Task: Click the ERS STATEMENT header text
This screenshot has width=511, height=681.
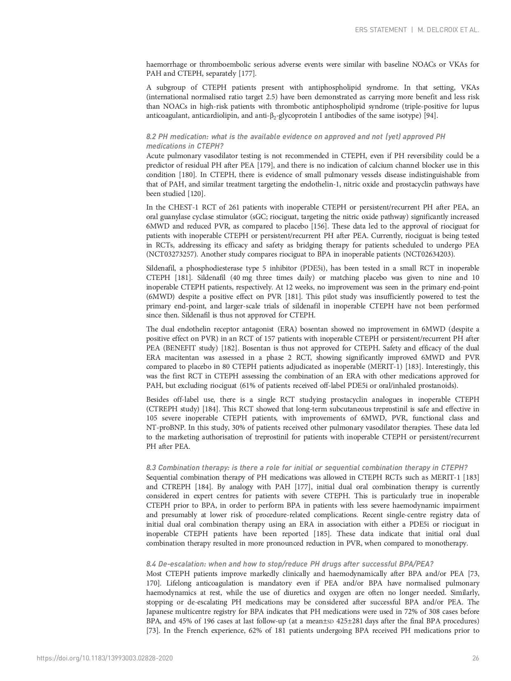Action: [x=380, y=30]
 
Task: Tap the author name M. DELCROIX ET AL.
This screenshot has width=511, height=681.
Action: [x=448, y=30]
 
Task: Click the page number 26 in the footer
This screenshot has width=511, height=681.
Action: [x=476, y=658]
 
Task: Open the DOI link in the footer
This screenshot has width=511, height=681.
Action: [x=105, y=658]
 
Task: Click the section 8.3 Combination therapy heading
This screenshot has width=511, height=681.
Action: [x=307, y=468]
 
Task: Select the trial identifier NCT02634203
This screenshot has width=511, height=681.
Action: [x=429, y=254]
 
